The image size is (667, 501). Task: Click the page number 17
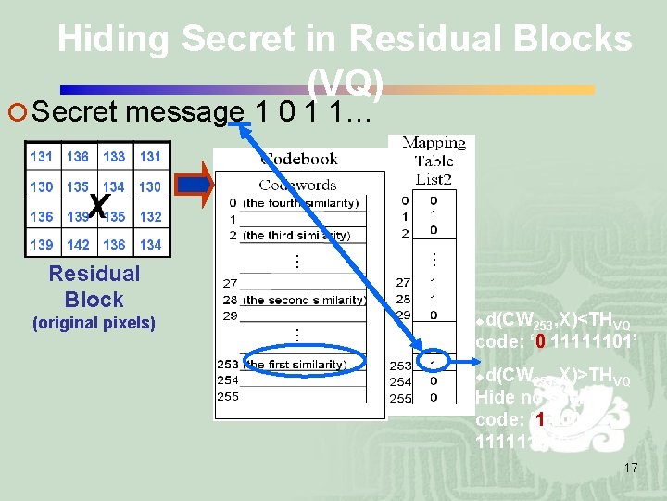(x=630, y=468)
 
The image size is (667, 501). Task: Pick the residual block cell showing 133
(x=114, y=157)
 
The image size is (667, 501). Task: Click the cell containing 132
(x=149, y=216)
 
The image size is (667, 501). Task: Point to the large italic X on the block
(x=100, y=205)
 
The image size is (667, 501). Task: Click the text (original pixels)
(x=94, y=324)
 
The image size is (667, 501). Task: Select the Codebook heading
(x=299, y=159)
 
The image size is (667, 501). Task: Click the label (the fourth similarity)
(x=300, y=202)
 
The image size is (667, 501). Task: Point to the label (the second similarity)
(x=304, y=300)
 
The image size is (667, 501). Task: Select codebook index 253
(x=227, y=364)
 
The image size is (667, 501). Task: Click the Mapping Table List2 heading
(x=434, y=157)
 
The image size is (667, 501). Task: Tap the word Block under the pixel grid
(x=94, y=299)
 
